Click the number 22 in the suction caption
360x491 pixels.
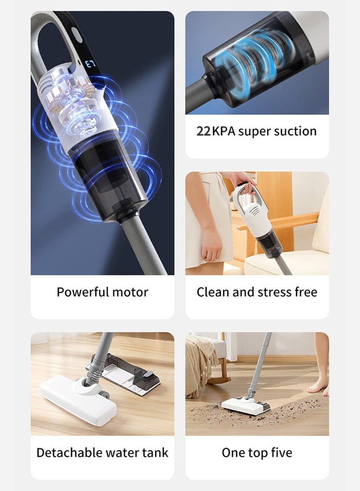pos(204,131)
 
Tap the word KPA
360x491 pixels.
pos(223,131)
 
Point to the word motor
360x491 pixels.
pos(130,292)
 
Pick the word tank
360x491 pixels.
pos(155,452)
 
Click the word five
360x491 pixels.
pos(281,452)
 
